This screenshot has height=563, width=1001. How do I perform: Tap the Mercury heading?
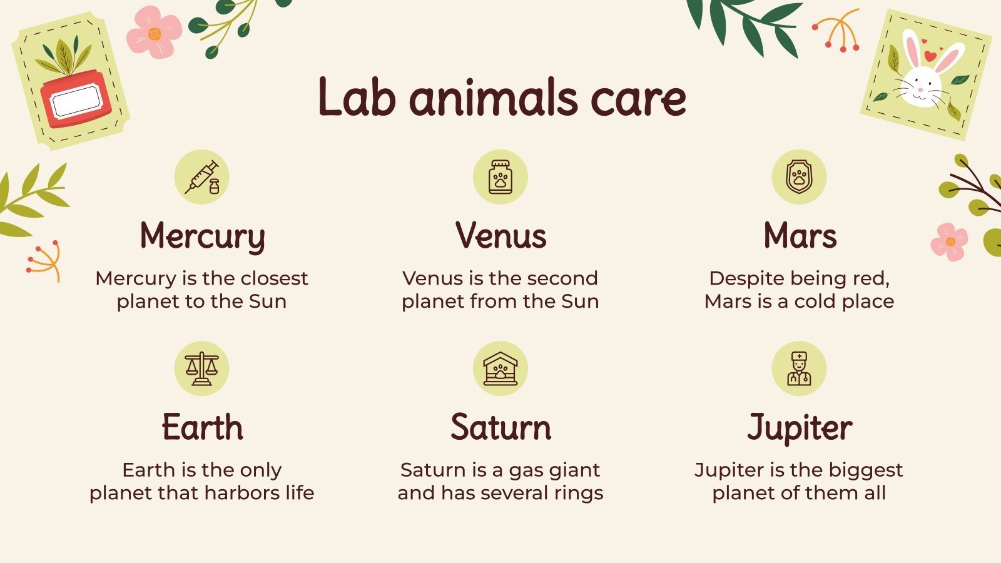tap(202, 237)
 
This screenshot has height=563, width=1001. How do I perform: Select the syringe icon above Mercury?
tap(201, 177)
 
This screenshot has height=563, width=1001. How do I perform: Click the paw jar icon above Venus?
tap(500, 177)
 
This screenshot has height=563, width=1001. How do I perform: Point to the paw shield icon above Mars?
tap(799, 177)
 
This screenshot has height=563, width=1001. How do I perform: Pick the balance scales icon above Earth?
tap(201, 368)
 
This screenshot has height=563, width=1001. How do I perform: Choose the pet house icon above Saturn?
tap(500, 368)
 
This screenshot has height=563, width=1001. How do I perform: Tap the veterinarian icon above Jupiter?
tap(799, 368)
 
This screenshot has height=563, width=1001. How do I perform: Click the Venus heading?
tap(500, 236)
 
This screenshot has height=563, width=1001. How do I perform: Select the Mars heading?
tap(800, 236)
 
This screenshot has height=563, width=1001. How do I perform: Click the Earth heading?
tap(202, 428)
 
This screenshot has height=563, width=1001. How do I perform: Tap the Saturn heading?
tap(500, 428)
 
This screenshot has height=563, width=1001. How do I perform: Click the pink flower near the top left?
tap(154, 33)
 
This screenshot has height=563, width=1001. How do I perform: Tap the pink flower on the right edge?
tap(949, 241)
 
